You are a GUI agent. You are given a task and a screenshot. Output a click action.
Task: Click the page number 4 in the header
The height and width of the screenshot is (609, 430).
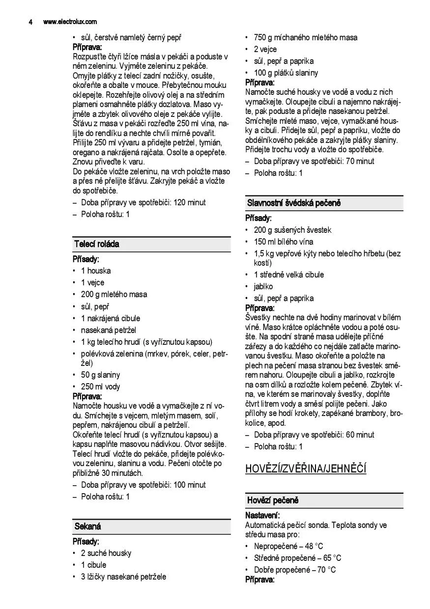30,22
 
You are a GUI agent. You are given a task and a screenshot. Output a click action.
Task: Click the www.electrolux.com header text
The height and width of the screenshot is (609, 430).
70,22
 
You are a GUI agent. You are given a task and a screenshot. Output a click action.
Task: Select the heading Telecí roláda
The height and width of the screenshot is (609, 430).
97,244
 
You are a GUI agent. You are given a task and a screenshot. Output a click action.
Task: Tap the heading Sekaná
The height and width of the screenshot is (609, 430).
88,526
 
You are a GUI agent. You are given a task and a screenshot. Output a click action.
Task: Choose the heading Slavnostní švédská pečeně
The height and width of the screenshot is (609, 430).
294,203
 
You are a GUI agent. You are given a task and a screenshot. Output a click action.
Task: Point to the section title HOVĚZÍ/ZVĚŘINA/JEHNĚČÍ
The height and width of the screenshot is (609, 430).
306,469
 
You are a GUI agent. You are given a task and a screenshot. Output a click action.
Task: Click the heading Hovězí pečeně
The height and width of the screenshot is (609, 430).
273,500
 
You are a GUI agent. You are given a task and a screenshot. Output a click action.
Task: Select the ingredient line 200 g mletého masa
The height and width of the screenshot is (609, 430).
114,295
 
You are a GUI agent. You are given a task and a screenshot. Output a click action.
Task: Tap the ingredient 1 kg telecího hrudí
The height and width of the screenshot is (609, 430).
146,342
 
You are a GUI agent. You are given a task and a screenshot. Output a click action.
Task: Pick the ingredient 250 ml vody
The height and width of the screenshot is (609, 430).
100,387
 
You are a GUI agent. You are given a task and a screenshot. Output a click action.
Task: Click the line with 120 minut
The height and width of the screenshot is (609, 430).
143,202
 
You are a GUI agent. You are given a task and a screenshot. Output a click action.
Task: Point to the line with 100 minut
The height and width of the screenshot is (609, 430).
143,485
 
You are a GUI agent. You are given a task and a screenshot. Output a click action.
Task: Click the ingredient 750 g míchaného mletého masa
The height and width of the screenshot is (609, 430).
305,38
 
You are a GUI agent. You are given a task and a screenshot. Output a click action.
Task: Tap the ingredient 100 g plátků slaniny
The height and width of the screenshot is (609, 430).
286,73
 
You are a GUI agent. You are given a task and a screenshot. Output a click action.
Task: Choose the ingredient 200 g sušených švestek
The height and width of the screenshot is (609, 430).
292,230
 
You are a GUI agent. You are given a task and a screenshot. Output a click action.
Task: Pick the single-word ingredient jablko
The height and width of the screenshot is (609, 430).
263,286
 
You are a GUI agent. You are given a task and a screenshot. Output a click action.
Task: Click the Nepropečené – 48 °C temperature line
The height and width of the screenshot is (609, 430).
288,546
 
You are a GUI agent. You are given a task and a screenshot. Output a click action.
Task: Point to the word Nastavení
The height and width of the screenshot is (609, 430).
262,516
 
